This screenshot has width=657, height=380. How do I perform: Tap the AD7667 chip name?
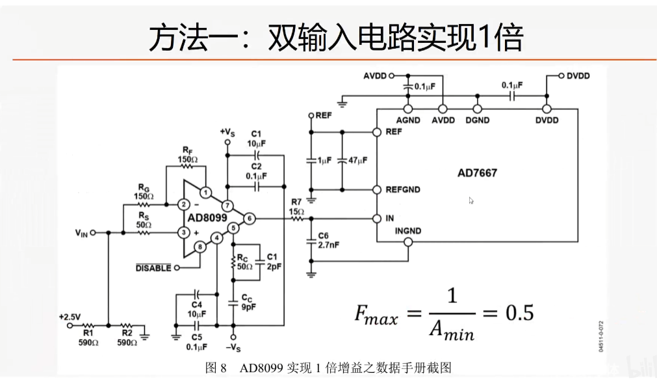pyautogui.click(x=477, y=173)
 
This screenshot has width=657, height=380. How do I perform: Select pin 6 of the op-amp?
pyautogui.click(x=250, y=219)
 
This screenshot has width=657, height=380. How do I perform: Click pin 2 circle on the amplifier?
pyautogui.click(x=184, y=204)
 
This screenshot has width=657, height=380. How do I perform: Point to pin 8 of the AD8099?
pyautogui.click(x=200, y=247)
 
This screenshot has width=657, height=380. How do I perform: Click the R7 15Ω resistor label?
pyautogui.click(x=297, y=206)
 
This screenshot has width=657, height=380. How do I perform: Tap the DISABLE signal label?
pyautogui.click(x=153, y=267)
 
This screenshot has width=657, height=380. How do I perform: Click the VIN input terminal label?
pyautogui.click(x=81, y=232)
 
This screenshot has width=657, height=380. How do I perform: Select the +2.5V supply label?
pyautogui.click(x=69, y=317)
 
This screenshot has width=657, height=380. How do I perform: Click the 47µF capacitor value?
pyautogui.click(x=357, y=160)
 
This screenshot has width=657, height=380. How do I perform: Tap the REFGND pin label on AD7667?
pyautogui.click(x=403, y=190)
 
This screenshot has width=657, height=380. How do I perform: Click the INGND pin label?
pyautogui.click(x=408, y=230)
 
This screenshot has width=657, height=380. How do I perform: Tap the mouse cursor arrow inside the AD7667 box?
pyautogui.click(x=471, y=201)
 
